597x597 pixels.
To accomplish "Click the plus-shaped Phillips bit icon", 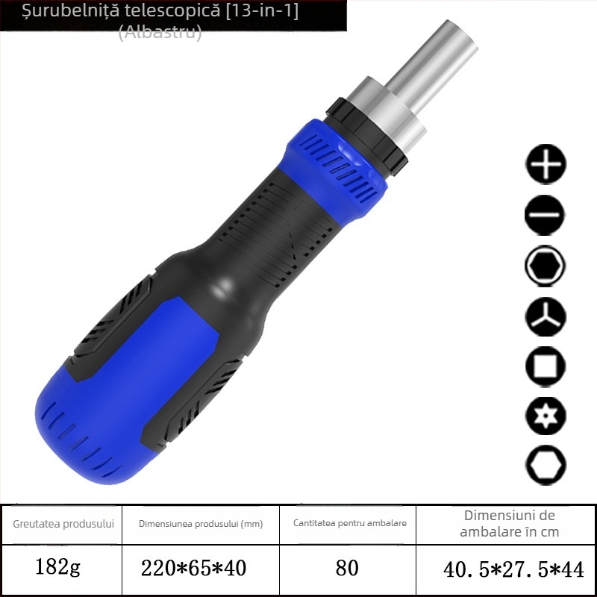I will [546, 165].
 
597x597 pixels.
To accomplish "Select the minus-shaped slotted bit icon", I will [546, 216].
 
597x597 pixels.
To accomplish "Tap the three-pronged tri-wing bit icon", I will [546, 316].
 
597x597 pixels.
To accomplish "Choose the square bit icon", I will [546, 366].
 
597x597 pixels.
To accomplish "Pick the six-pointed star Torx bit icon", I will [546, 416].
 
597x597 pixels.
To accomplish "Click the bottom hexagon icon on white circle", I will [546, 466].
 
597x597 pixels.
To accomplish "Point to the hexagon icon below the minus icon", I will [546, 266].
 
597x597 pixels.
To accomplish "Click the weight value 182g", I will [58, 568].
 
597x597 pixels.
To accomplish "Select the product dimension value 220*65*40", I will [193, 569].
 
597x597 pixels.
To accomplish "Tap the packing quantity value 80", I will [347, 569].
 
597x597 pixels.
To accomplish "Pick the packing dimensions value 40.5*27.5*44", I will [513, 569].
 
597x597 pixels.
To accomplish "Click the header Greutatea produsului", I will [63, 523].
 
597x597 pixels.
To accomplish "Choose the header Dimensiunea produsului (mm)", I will [201, 524].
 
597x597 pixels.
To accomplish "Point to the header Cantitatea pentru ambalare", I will [350, 523].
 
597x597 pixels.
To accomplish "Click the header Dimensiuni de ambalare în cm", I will [509, 523].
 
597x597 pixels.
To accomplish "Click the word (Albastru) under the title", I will [160, 33].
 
